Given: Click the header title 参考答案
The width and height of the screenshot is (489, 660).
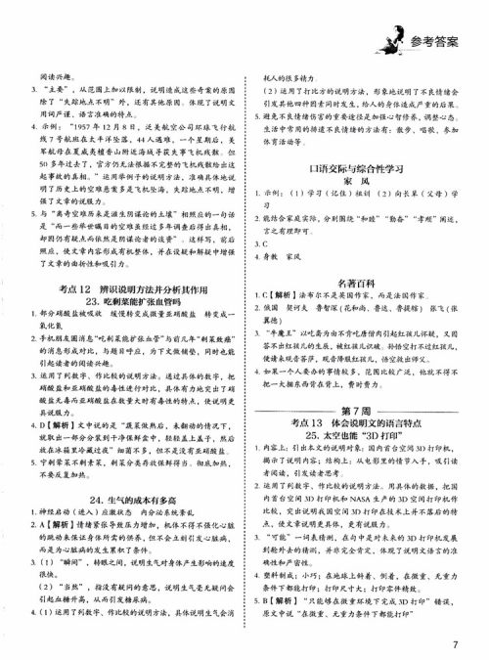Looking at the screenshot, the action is coord(429,38).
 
